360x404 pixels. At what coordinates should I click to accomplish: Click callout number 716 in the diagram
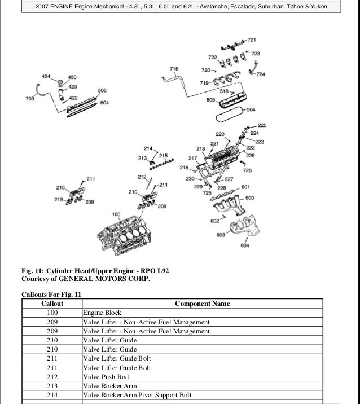pos(174,69)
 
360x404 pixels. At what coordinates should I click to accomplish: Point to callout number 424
pos(46,76)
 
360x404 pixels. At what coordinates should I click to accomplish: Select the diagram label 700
pos(30,99)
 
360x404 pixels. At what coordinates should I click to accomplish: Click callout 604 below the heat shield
pos(244,245)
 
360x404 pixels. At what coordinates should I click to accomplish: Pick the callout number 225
pos(262,125)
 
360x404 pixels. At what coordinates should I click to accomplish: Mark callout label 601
pos(245,187)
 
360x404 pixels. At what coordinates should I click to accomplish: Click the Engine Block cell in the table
pos(102,313)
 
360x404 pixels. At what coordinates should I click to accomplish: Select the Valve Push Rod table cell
pos(106,377)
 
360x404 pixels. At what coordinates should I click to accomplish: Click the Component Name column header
pos(202,304)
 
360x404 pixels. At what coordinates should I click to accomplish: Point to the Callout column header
pos(52,304)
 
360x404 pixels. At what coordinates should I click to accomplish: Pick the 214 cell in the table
pos(52,396)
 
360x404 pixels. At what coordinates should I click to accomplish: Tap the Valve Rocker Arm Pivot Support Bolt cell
pos(137,396)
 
